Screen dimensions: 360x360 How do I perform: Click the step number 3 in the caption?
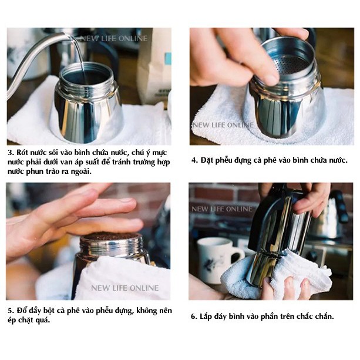[x=11, y=153]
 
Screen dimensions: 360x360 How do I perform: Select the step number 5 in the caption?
[x=11, y=311]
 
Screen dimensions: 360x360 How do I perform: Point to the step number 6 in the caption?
[x=194, y=317]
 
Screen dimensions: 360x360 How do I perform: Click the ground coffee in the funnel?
[x=110, y=236]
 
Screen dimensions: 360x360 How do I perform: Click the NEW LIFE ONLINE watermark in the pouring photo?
[x=114, y=38]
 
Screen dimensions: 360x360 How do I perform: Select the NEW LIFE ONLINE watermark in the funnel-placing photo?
[x=223, y=125]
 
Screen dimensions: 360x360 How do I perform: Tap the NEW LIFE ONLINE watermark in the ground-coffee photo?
[x=125, y=288]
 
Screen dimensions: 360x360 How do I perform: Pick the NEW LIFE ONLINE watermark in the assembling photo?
[x=222, y=209]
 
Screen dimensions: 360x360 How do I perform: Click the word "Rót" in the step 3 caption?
[x=21, y=153]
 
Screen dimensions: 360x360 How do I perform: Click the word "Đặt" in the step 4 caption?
[x=206, y=160]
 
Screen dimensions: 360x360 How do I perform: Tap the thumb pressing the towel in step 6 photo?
[x=267, y=287]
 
